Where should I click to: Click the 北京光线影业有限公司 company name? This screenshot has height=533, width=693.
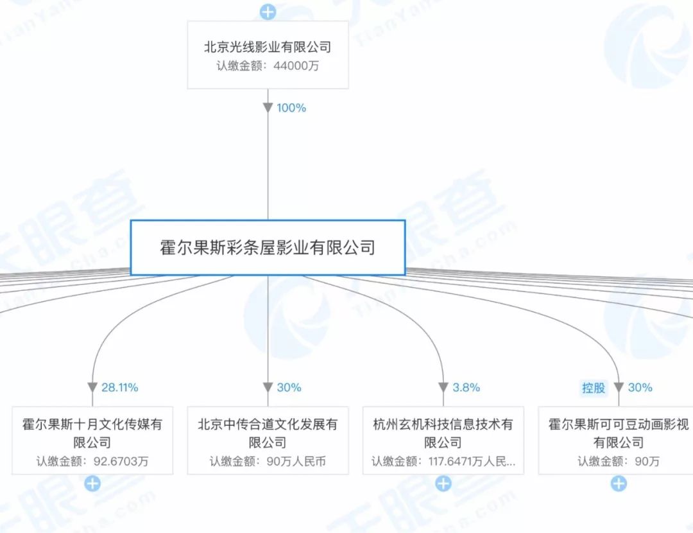(268, 48)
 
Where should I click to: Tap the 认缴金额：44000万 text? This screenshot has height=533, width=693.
(268, 66)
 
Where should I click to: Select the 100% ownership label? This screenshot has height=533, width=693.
(291, 108)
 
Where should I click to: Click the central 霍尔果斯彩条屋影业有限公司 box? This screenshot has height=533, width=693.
(268, 248)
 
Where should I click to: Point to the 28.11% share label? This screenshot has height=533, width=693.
(120, 387)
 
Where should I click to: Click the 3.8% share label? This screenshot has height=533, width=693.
(466, 387)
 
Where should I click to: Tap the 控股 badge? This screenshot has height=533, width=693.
(594, 387)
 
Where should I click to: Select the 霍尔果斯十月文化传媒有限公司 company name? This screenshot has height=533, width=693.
(92, 433)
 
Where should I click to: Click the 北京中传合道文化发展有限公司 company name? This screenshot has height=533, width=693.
(268, 433)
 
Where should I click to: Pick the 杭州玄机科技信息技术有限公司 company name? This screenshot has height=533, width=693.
(443, 433)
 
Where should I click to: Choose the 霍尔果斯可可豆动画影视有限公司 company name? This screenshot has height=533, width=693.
(618, 433)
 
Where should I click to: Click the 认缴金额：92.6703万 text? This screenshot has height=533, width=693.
(92, 461)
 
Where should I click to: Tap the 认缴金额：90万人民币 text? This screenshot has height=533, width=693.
(268, 461)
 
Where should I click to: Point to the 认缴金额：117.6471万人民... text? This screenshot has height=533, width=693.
(443, 461)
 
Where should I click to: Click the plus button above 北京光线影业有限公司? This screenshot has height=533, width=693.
(268, 12)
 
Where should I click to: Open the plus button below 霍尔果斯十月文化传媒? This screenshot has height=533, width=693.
(92, 484)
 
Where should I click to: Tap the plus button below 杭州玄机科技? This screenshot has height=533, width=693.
(443, 484)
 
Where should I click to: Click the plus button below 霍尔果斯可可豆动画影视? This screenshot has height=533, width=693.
(618, 484)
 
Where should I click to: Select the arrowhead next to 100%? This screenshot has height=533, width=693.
(268, 108)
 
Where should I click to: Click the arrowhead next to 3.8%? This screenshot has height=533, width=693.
(443, 387)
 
